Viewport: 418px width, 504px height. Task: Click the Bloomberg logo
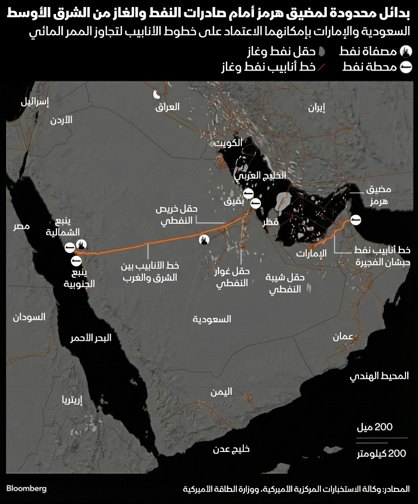click(27, 488)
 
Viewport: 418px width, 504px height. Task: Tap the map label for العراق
click(168, 107)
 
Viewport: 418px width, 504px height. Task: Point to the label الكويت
click(228, 143)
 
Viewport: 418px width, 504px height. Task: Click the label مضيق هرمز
click(378, 195)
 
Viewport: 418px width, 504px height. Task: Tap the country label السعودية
click(212, 319)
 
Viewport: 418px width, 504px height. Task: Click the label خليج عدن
click(231, 449)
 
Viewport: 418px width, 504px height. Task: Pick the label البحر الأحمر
click(91, 338)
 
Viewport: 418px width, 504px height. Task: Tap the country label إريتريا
click(71, 399)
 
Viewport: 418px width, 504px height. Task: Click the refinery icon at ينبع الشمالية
click(82, 244)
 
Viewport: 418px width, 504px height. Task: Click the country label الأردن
click(62, 120)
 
